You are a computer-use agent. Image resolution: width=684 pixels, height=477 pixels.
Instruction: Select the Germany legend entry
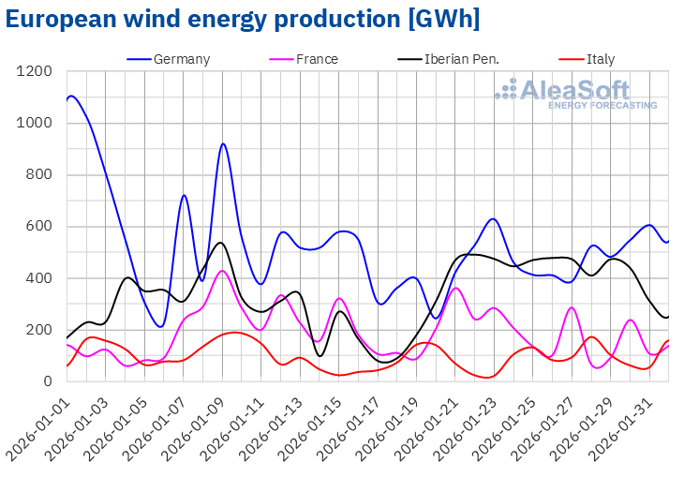(x=182, y=59)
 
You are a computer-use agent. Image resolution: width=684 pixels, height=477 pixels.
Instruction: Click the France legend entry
(x=317, y=59)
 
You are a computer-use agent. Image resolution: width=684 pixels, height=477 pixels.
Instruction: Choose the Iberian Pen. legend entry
(x=461, y=59)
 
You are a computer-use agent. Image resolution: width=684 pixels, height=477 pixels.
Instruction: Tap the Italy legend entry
(x=601, y=59)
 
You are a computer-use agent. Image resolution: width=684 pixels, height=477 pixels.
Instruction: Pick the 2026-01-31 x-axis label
(x=629, y=426)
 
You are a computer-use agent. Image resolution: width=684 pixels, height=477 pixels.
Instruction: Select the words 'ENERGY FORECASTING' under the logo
(x=602, y=106)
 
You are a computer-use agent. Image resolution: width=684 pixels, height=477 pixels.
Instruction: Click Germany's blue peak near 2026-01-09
(x=222, y=143)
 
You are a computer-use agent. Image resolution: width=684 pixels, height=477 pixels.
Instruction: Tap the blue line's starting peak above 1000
(x=72, y=96)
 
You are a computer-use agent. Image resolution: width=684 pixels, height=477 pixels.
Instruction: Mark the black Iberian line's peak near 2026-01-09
(x=221, y=243)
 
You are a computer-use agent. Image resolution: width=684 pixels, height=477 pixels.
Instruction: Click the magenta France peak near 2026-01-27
(x=572, y=307)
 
